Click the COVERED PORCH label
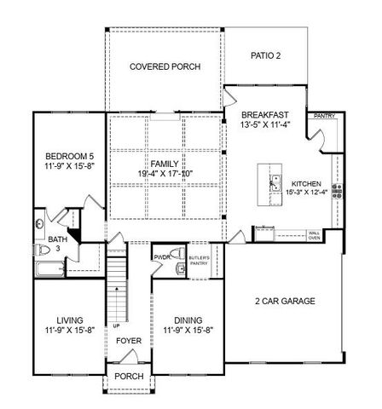[164, 66]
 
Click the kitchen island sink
[277, 181]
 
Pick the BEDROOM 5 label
[68, 155]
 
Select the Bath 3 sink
[40, 226]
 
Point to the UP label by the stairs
[115, 325]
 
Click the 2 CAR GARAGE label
[285, 301]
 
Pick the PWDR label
[163, 256]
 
